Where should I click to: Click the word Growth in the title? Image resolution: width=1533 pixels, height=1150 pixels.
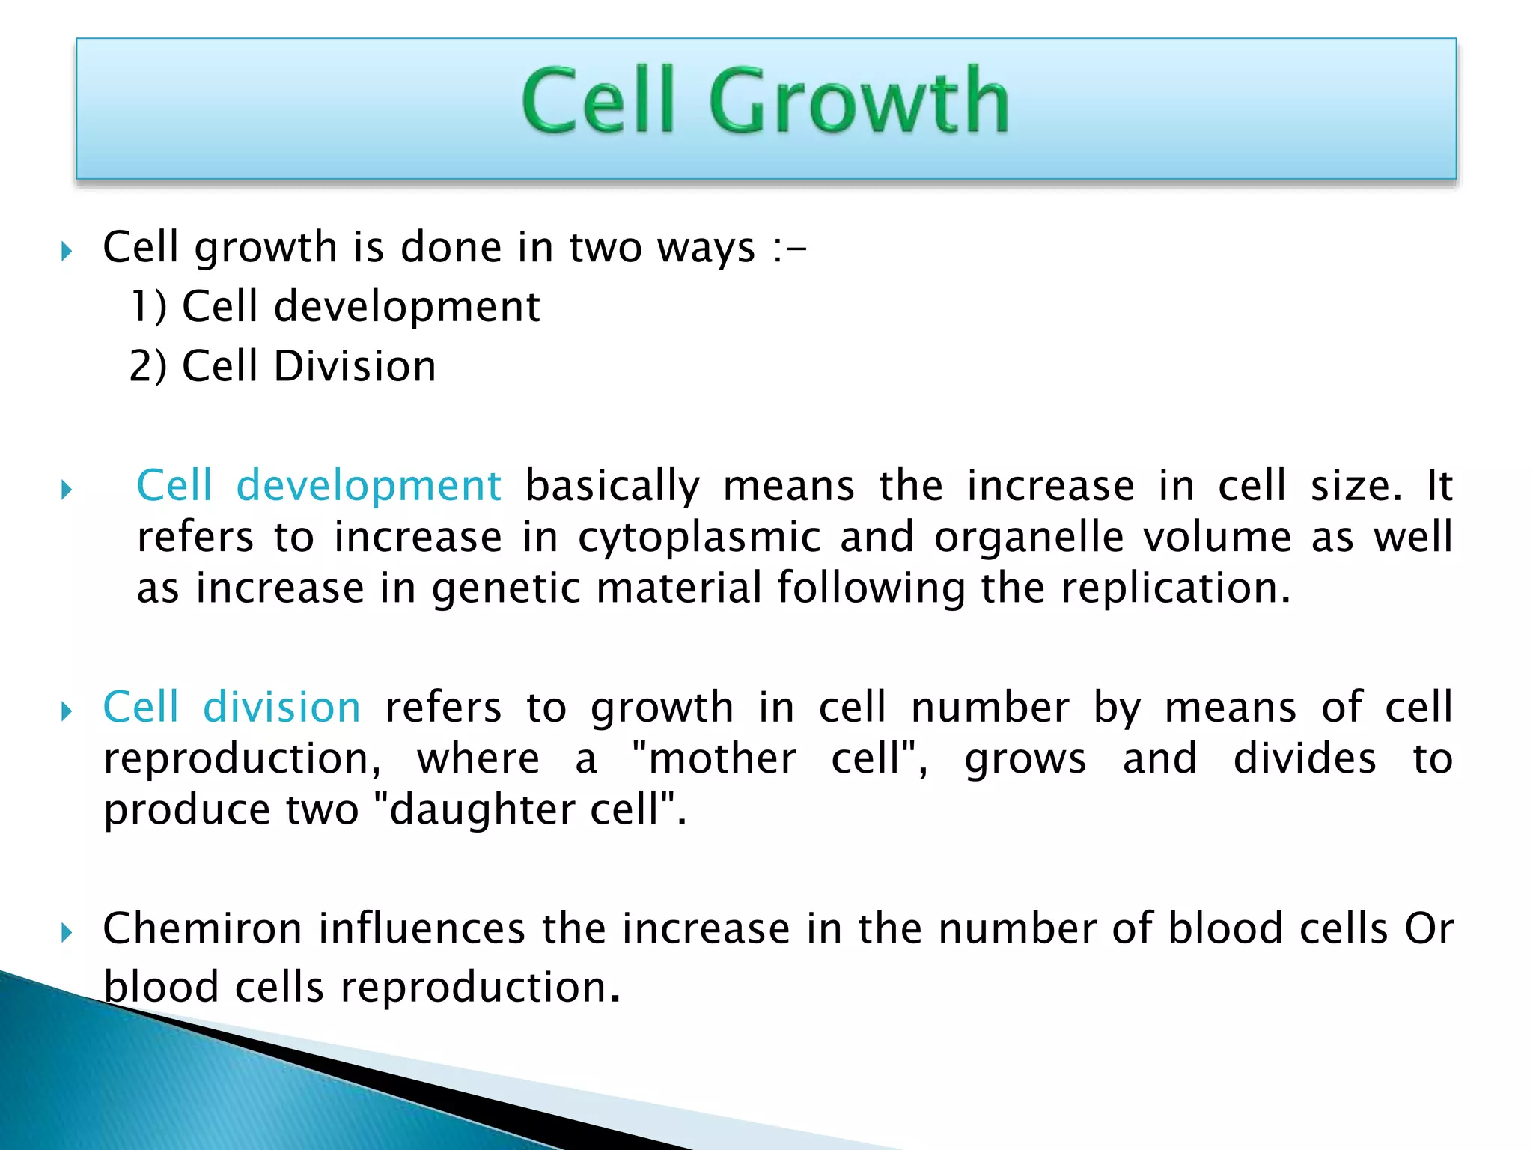coord(859,100)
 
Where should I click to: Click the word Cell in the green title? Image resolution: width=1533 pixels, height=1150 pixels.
coord(598,100)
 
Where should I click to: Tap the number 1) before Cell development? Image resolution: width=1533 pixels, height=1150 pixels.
coord(148,306)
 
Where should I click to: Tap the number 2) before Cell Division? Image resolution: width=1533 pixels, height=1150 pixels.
coord(147,366)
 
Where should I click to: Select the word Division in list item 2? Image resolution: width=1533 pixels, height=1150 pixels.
coord(354,366)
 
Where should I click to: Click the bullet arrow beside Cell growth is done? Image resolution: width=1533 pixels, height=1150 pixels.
coord(67,251)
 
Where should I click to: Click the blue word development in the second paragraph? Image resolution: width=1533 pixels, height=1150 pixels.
coord(368,485)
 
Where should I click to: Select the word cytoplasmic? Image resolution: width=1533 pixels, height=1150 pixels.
coord(699,538)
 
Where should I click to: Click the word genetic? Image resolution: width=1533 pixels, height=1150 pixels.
coord(506,588)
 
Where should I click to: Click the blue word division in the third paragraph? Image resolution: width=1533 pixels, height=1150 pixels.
coord(282,708)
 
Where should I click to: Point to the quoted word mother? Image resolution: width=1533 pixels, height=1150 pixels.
coord(722,758)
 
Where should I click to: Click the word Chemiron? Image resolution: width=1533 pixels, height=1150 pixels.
coord(202,928)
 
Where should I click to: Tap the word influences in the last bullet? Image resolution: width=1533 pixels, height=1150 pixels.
coord(422,928)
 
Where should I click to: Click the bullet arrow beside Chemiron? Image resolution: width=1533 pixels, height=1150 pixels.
coord(67,933)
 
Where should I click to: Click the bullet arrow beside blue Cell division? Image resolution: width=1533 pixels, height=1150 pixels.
coord(67,711)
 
